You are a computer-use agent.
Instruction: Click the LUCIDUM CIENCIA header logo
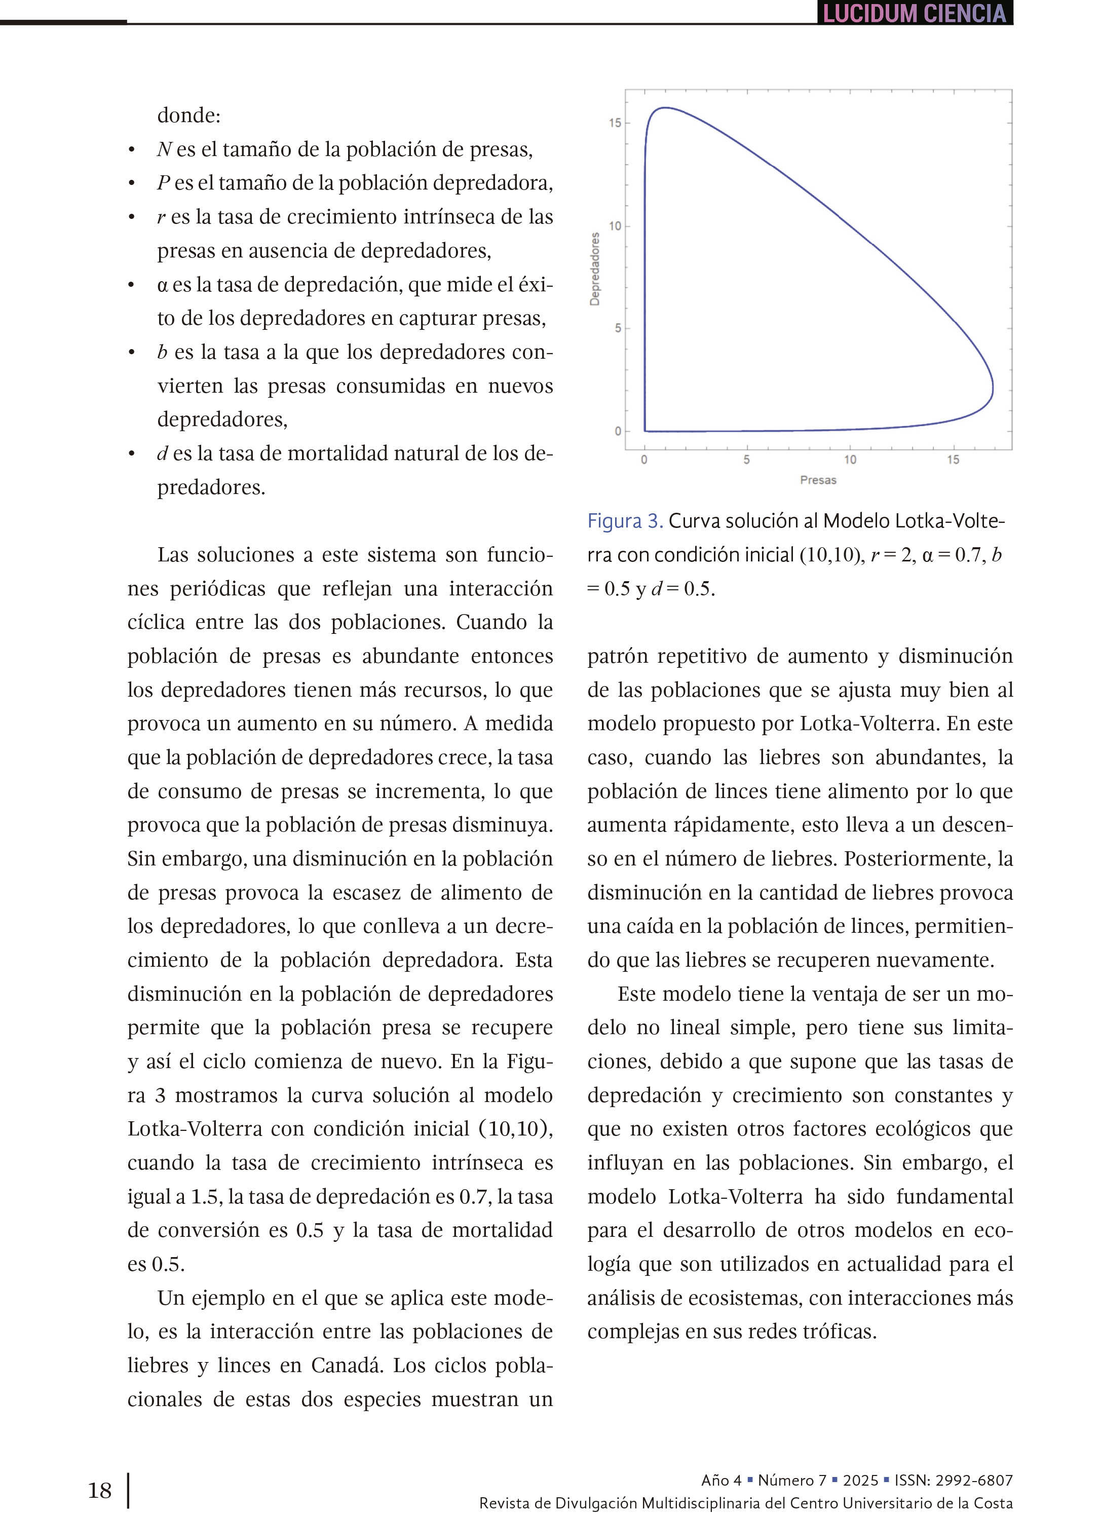[914, 13]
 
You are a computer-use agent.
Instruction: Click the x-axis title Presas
[818, 480]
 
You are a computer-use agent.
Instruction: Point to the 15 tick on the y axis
[615, 123]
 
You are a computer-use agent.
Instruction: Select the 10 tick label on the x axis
[849, 460]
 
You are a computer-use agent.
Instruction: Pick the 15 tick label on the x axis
[953, 460]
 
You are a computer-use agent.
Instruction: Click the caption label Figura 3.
[625, 521]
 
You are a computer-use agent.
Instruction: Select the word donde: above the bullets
[188, 115]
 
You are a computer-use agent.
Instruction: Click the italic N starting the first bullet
[164, 149]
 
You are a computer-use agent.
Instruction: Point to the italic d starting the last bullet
[162, 453]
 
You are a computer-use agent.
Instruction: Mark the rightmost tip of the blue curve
[992, 386]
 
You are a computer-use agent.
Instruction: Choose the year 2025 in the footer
[860, 1480]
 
